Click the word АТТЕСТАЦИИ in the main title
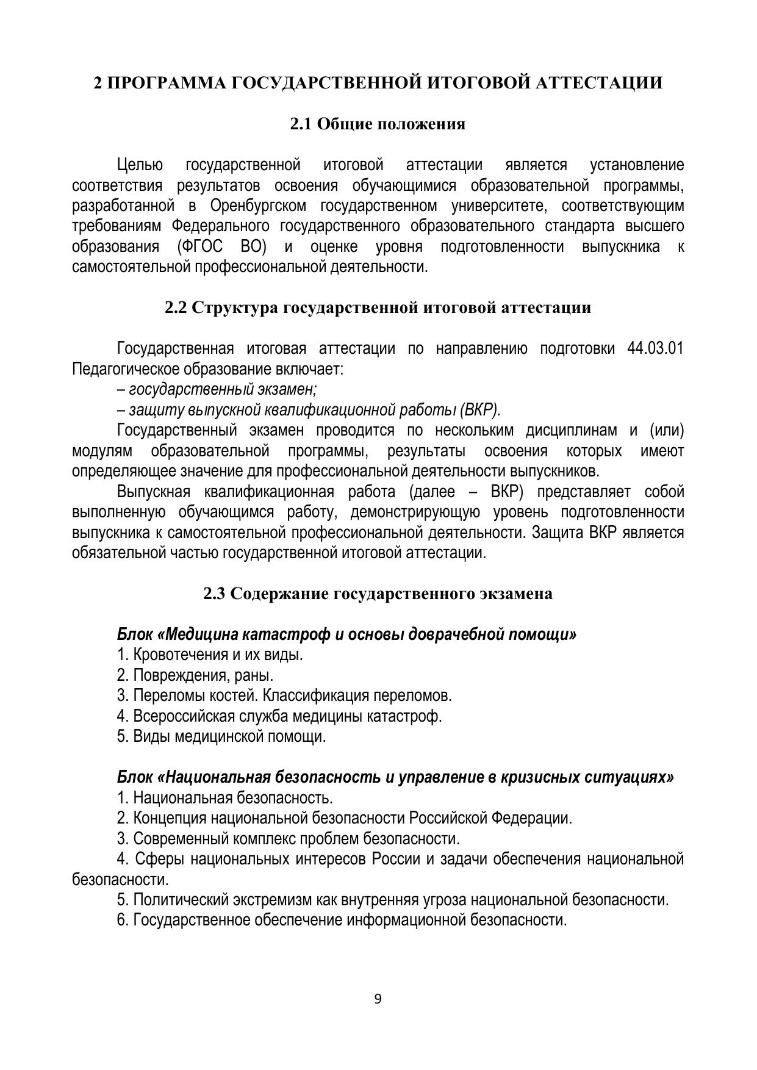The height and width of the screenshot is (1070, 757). click(598, 83)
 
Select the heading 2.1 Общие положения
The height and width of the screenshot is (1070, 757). click(378, 124)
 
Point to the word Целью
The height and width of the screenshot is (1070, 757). click(140, 165)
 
